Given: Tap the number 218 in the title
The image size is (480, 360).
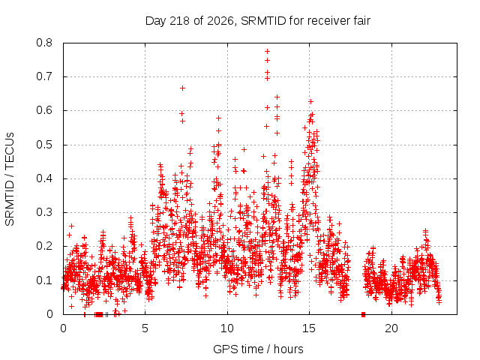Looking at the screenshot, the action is [x=179, y=21].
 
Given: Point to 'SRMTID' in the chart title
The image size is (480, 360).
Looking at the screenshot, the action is [x=263, y=21].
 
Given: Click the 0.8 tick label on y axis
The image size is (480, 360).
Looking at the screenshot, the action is [x=44, y=43].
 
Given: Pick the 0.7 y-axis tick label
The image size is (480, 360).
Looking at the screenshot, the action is [x=44, y=76].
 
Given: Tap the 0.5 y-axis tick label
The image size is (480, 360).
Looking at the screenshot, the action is [x=44, y=145].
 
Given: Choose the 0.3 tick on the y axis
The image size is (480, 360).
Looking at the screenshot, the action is [x=44, y=212].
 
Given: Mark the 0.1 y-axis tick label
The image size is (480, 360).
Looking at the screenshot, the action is [x=44, y=280].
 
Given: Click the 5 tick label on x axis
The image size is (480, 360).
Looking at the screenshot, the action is [x=145, y=328].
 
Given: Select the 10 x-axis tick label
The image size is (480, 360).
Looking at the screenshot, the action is [x=227, y=328].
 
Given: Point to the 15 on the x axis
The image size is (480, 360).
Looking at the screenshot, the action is [x=309, y=328].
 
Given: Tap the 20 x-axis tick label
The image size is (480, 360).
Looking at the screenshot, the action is [x=391, y=328].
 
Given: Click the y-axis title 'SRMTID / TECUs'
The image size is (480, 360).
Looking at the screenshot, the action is [x=10, y=179].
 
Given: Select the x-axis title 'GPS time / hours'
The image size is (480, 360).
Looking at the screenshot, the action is [x=258, y=349].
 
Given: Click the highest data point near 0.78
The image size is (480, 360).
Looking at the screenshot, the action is [x=267, y=51].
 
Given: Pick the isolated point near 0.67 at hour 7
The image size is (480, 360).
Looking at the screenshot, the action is [x=182, y=88].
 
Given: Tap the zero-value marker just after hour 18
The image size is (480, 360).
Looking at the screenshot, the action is [x=363, y=314].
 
